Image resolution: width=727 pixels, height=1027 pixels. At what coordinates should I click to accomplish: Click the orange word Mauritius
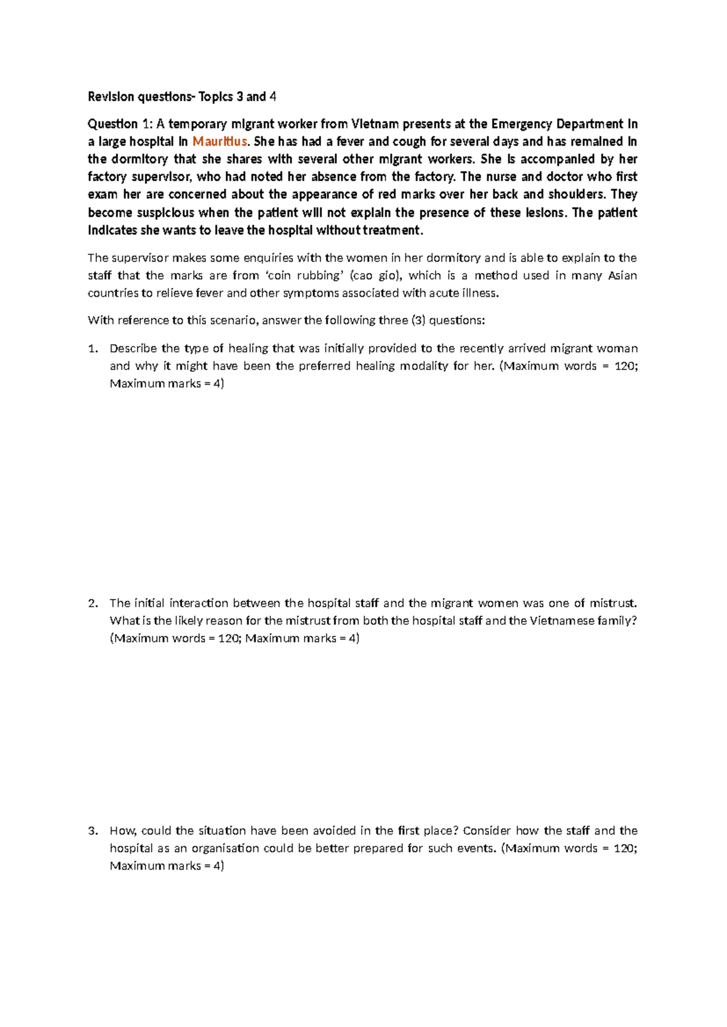220,142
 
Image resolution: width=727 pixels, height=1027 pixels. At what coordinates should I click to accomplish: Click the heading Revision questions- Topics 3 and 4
182,96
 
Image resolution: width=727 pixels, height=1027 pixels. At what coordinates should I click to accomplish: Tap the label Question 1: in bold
121,124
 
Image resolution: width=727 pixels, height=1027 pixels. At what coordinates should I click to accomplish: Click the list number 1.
93,348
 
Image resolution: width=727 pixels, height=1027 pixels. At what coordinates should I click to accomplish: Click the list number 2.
93,603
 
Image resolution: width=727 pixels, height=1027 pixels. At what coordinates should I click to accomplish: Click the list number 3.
93,831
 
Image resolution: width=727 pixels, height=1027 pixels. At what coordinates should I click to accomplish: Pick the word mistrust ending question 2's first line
613,603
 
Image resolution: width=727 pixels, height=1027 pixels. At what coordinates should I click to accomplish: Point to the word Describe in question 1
134,348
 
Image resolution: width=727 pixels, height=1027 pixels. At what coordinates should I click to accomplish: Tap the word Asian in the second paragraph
622,276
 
